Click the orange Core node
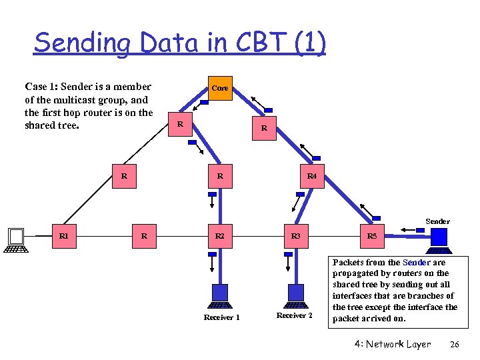point(219,87)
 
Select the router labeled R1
point(63,235)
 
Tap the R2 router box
point(219,236)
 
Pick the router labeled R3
point(295,236)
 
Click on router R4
point(311,177)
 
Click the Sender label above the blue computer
point(437,221)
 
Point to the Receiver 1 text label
point(221,317)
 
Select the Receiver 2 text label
point(294,315)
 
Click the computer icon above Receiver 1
point(219,294)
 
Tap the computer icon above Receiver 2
point(295,294)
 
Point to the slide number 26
point(455,344)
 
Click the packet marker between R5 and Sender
point(420,230)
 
